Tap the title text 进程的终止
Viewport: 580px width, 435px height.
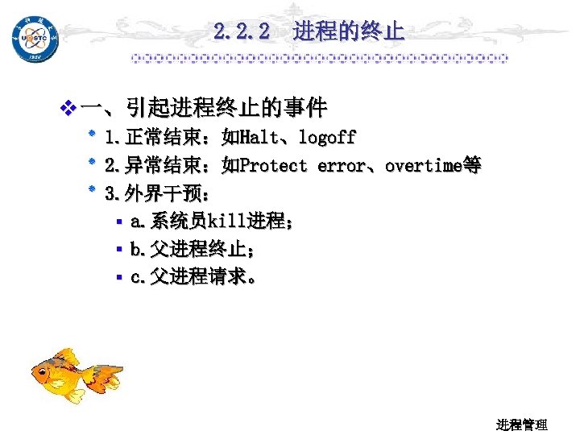point(349,32)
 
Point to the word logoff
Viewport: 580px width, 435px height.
point(327,138)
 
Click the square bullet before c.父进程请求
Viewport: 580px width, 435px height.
point(118,278)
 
